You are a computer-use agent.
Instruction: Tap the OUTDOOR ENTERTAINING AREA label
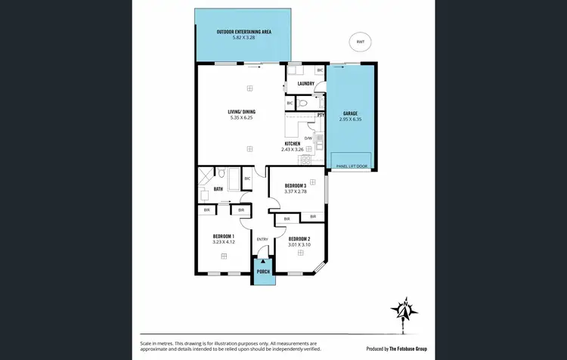click(243, 32)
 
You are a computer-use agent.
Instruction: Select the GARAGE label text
click(350, 113)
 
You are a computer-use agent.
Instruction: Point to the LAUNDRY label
click(305, 84)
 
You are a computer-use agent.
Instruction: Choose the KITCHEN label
click(293, 143)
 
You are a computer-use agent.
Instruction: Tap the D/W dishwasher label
click(308, 138)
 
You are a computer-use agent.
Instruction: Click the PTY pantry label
click(321, 115)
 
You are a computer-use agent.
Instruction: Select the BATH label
click(218, 189)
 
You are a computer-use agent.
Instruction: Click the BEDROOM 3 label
click(295, 185)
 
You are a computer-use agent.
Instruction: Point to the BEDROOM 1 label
click(223, 237)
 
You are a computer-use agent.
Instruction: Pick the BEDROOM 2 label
click(299, 239)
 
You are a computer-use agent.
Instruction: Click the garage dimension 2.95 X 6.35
click(350, 119)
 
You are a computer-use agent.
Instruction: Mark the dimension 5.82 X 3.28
click(243, 38)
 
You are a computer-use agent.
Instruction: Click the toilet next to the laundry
click(302, 103)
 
